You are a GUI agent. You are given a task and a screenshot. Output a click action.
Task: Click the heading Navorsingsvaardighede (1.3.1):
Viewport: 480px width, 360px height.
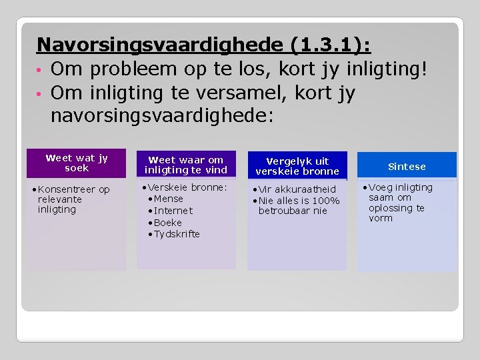[204, 45]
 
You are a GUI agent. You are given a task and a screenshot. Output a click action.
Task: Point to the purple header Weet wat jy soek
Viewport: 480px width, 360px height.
[77, 163]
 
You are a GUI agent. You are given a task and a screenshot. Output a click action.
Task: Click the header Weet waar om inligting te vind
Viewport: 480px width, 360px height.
[186, 165]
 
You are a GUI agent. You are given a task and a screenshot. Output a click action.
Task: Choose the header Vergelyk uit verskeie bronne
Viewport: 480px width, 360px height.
[297, 166]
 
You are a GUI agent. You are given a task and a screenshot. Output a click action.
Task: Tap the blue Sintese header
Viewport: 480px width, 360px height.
[407, 166]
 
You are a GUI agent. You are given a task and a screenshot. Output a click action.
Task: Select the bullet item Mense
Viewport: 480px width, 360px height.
[168, 199]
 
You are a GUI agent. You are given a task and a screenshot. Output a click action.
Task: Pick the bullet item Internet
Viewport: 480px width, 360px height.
[173, 211]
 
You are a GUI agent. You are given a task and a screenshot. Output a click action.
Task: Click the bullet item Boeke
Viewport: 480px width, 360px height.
[167, 223]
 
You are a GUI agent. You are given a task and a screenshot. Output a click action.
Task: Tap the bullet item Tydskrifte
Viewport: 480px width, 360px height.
[177, 234]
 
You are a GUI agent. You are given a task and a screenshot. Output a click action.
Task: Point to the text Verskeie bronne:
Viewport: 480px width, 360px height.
[187, 187]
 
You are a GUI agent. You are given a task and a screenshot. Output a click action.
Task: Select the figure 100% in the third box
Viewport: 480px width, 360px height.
[326, 201]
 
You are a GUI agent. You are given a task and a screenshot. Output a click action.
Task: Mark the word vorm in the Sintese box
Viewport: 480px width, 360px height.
[380, 218]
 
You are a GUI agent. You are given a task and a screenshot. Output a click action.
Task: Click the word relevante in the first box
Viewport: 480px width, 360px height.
[60, 199]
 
